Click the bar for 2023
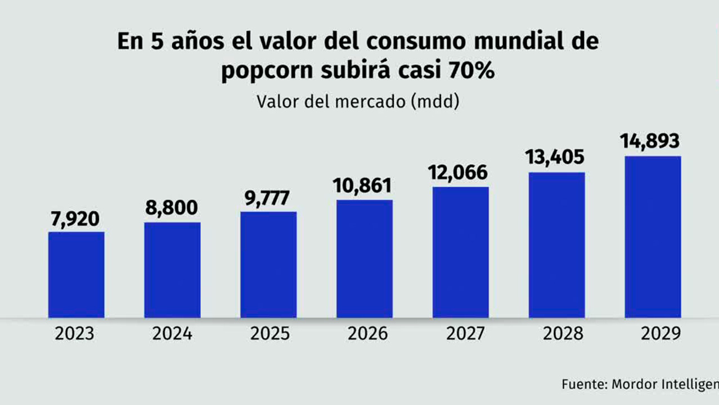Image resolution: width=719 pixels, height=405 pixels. coord(76,274)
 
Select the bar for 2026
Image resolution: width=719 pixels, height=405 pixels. coord(365,259)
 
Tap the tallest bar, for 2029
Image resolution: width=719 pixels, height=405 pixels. coord(653,237)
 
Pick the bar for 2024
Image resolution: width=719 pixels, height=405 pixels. coord(172,270)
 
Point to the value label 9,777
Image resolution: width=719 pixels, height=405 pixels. coord(268,198)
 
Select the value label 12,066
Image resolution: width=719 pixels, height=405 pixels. coord(460,173)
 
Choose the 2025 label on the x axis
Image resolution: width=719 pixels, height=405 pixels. coord(268,334)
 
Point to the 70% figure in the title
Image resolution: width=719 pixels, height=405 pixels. coord(471,71)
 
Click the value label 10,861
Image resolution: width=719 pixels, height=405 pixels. coord(365,185)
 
